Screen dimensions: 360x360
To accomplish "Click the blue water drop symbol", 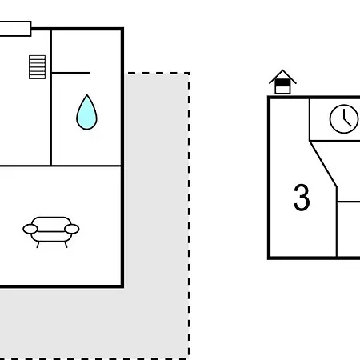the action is coord(86,114).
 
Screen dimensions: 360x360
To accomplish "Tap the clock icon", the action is coord(344,119).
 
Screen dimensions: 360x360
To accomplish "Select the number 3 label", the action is coord(302,198).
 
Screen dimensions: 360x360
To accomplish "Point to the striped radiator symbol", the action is coord(37,67).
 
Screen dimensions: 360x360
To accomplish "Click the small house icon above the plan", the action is coord(282,82).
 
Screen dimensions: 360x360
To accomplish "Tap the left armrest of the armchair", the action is coord(30,229).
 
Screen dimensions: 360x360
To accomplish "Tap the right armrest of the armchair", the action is coord(72,229).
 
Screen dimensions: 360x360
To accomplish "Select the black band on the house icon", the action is coord(282,83).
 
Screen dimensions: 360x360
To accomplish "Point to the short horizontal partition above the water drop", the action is coord(70,73).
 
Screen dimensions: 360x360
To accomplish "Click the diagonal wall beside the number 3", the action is coord(323,164).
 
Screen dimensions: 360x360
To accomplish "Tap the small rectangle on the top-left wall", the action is coord(15,29).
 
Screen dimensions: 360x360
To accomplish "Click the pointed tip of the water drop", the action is coord(87,95).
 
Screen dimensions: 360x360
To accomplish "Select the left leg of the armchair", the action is coord(38,245).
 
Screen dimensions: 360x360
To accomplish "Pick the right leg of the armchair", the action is coord(66,245).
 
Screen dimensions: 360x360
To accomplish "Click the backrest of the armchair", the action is coord(51,222).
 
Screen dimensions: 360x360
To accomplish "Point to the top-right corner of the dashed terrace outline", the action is coord(189,73).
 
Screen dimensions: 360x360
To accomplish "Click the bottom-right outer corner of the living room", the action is coord(122,287).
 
